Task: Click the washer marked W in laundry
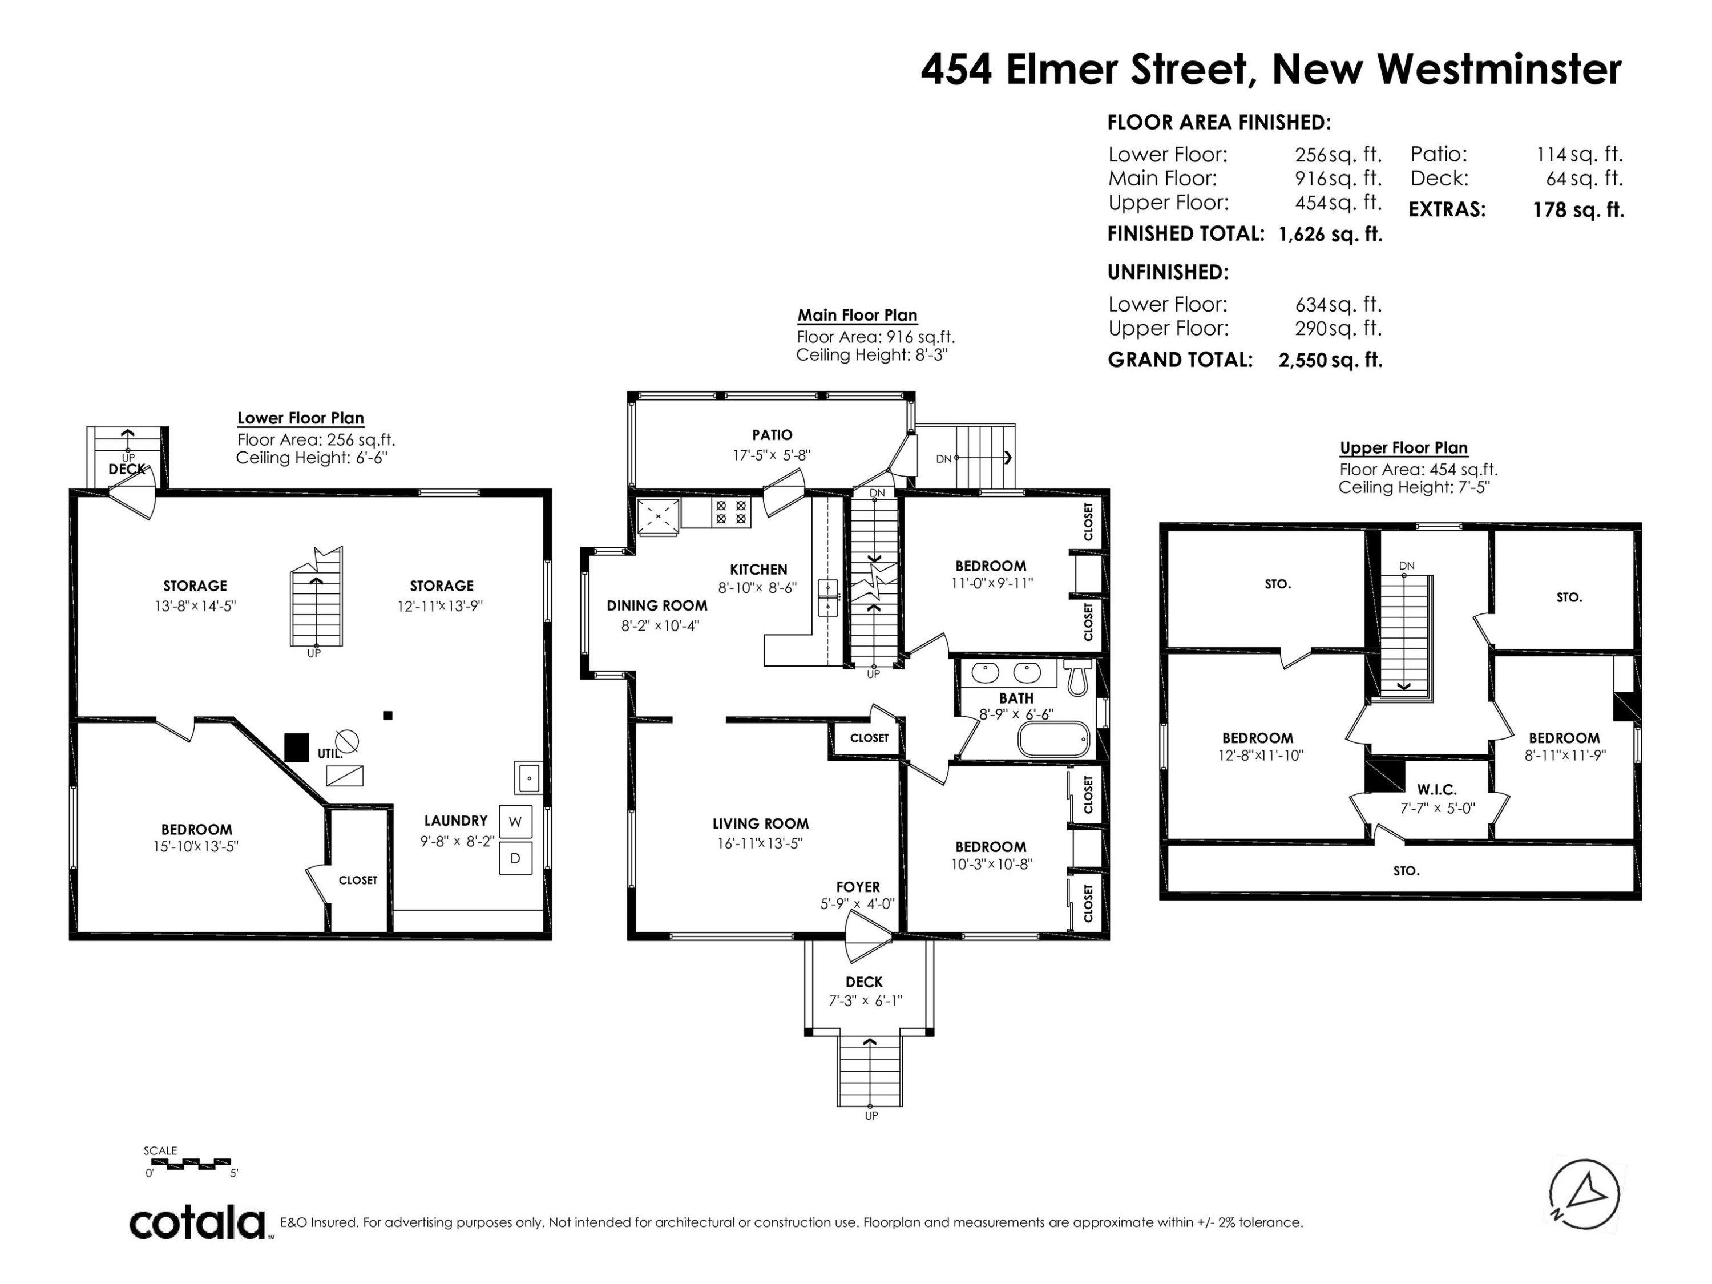tap(515, 822)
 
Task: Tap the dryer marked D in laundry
tap(515, 858)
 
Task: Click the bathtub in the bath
tap(1054, 740)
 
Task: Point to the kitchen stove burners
tap(732, 512)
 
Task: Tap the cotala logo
tap(197, 1224)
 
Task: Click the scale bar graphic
tap(188, 1162)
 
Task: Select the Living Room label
tap(760, 823)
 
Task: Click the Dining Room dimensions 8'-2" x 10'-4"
tap(660, 625)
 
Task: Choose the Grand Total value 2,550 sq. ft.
tap(1330, 360)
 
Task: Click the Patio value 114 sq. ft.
tap(1579, 154)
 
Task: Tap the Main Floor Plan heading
tap(858, 315)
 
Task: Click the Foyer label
tap(858, 887)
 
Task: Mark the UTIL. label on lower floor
tap(330, 753)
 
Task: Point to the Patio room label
tap(772, 435)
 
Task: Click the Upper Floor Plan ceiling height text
tap(1414, 487)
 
